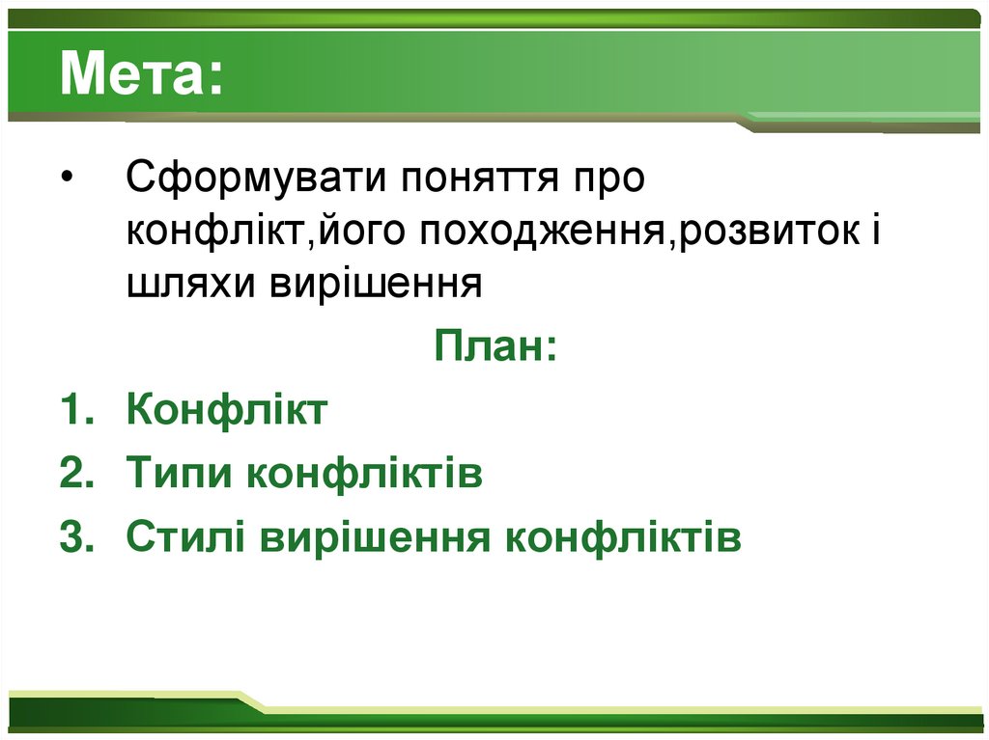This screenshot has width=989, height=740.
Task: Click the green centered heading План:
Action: [x=494, y=345]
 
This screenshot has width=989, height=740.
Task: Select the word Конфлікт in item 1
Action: [x=227, y=410]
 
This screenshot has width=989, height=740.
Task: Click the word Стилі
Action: [x=184, y=537]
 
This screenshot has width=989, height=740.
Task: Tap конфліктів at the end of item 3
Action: [x=623, y=537]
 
